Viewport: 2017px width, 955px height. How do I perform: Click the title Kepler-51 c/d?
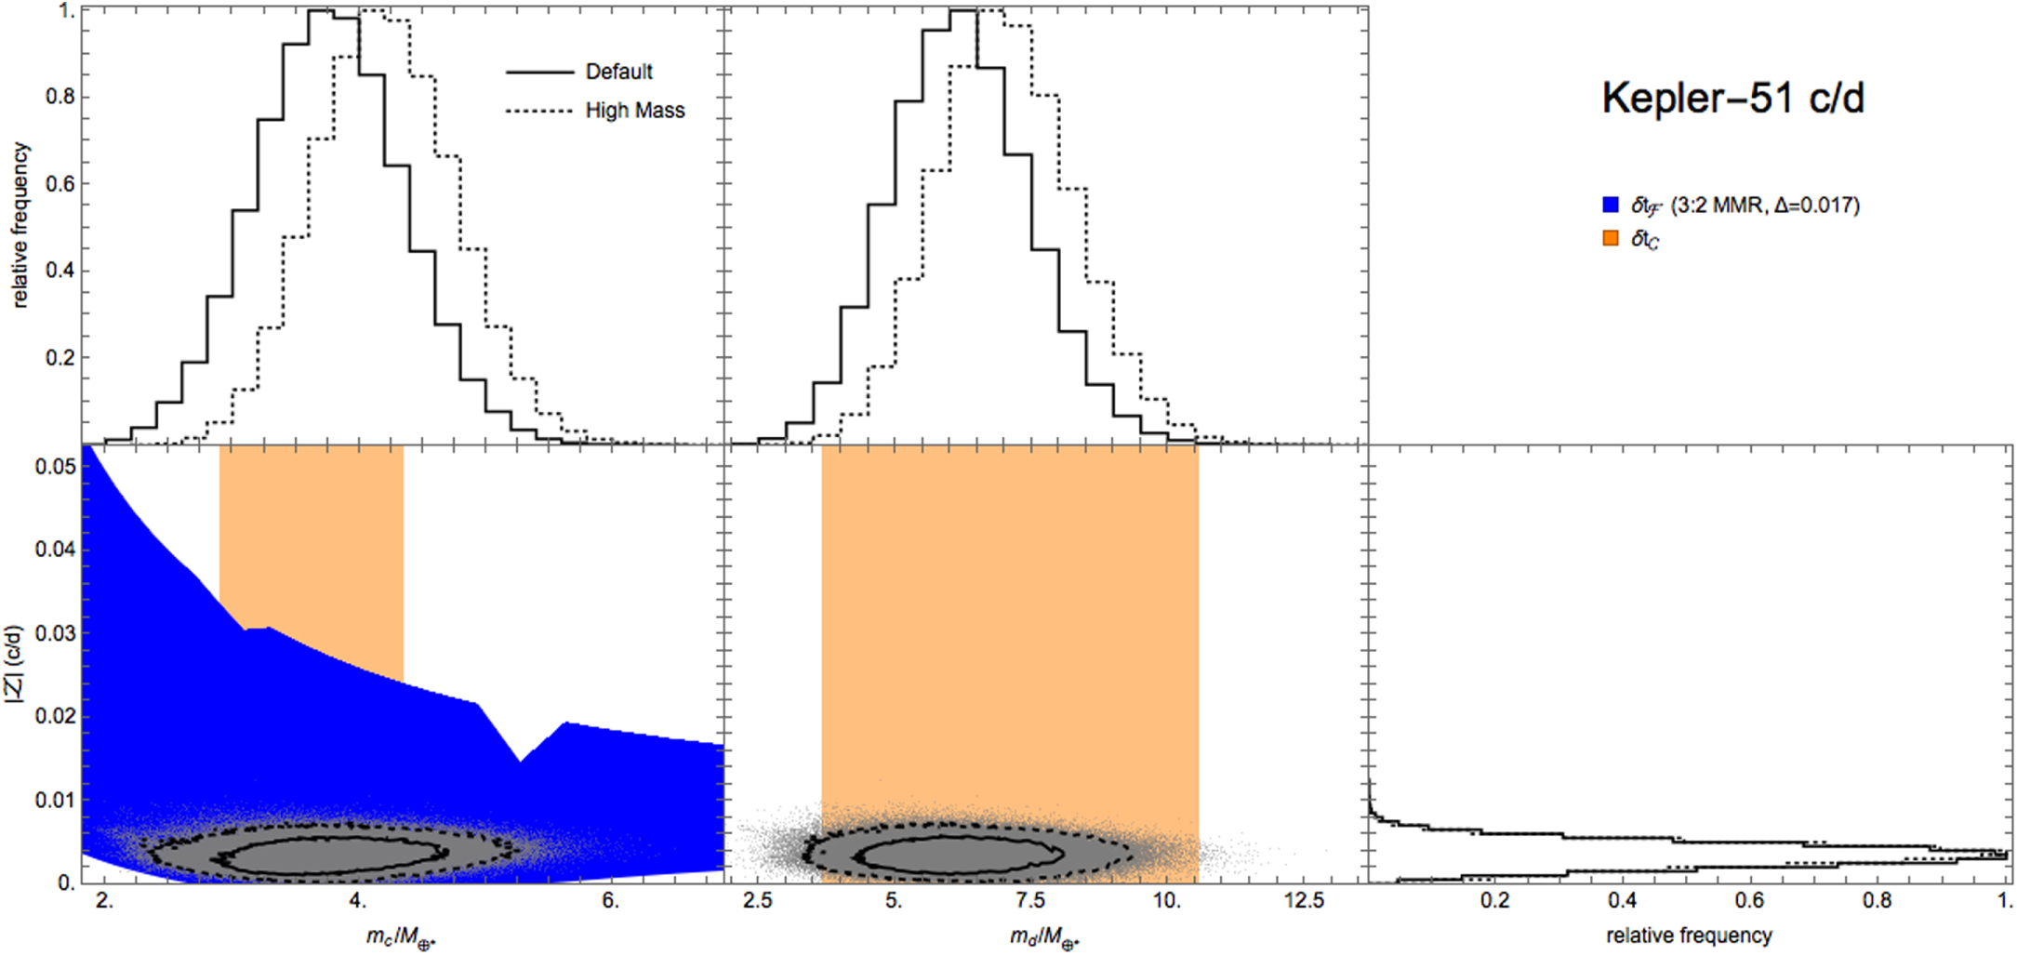[1732, 98]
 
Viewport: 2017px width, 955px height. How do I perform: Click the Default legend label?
[618, 72]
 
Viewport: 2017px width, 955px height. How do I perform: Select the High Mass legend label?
[634, 111]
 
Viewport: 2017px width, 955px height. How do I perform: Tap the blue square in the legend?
[1611, 205]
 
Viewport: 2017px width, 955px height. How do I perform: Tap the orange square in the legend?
[1611, 238]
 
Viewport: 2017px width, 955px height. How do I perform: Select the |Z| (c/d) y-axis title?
[16, 663]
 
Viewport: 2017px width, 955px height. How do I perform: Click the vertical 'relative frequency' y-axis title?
[20, 225]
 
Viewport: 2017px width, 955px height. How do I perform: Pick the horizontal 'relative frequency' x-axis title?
[1689, 935]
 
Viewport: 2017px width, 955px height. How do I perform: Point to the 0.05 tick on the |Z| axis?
[55, 466]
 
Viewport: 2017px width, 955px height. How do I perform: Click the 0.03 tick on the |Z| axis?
[55, 633]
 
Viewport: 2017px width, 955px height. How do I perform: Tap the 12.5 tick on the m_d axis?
[1303, 900]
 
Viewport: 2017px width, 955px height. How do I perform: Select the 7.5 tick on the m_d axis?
[1030, 900]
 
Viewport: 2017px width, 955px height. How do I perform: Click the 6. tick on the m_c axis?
[610, 900]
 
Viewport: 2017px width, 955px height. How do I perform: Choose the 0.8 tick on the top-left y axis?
[60, 97]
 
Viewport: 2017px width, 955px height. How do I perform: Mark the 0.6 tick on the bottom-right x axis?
[1749, 900]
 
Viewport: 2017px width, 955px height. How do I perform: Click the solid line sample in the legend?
[539, 72]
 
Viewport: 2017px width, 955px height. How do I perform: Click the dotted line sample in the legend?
[539, 111]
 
